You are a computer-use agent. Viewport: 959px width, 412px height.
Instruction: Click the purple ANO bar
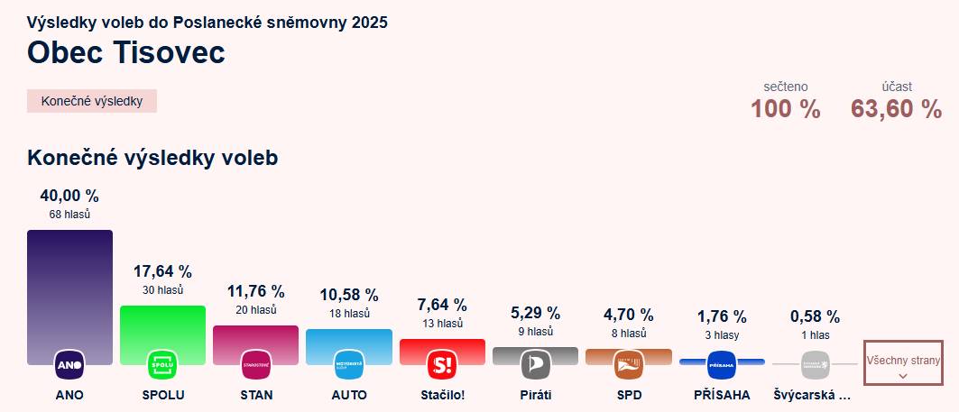click(x=69, y=288)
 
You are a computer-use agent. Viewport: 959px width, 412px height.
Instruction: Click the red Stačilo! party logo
click(x=442, y=365)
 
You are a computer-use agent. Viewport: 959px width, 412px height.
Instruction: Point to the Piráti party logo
click(x=535, y=365)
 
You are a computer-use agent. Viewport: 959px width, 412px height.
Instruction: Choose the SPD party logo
click(x=628, y=365)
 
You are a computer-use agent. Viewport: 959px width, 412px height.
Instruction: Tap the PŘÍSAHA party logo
click(x=722, y=365)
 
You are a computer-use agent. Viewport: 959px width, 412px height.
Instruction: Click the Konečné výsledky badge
click(x=92, y=101)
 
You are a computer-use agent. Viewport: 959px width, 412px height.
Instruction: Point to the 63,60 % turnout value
click(x=896, y=109)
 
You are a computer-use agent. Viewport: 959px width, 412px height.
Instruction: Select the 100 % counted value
click(x=786, y=109)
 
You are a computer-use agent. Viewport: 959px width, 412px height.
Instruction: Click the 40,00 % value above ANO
click(x=69, y=196)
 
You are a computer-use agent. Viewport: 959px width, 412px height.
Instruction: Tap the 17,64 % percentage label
click(x=162, y=271)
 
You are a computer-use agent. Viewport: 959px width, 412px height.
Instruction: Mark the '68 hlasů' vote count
click(x=69, y=215)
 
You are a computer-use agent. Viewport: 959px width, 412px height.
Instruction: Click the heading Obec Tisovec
click(x=126, y=52)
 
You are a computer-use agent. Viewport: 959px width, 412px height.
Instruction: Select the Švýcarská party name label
click(x=812, y=395)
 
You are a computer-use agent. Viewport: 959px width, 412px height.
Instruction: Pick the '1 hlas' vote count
click(x=815, y=334)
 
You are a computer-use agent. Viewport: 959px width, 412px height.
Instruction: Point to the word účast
click(x=897, y=87)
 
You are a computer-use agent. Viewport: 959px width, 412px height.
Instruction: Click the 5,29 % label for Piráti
click(x=535, y=313)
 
